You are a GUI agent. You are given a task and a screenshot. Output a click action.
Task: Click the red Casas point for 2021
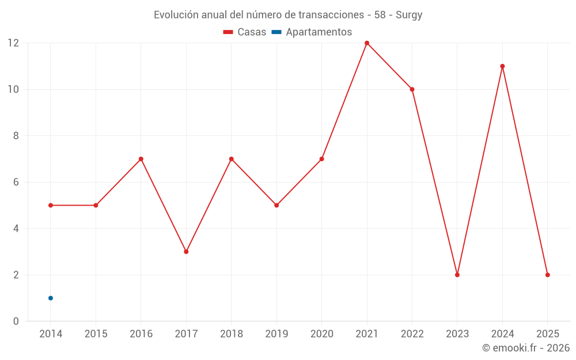[x=367, y=43]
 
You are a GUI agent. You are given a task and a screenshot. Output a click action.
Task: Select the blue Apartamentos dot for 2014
[x=51, y=298]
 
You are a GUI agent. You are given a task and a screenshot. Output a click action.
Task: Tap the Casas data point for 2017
[x=186, y=252]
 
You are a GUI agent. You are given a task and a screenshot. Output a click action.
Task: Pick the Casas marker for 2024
[x=502, y=66]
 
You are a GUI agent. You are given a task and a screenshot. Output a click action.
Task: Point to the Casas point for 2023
[x=457, y=275]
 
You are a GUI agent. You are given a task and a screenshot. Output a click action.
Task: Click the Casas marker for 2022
[x=412, y=89]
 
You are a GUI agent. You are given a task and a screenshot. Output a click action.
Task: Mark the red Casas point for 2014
[x=51, y=205]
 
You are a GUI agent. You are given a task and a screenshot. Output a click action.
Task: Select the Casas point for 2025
[x=547, y=275]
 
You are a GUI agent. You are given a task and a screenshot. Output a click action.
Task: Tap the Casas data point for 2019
[x=276, y=205]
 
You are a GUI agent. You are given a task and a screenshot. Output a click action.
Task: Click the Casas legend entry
[x=245, y=32]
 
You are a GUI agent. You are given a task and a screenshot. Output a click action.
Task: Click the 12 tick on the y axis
[x=13, y=43]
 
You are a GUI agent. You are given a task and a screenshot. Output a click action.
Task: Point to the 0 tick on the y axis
[x=16, y=321]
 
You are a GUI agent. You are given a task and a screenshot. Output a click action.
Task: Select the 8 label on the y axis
[x=16, y=136]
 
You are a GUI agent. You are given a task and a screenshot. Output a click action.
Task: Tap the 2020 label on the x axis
[x=321, y=334]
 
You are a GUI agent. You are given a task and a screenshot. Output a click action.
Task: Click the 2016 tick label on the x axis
[x=141, y=334]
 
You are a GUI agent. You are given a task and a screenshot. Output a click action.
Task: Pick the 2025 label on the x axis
[x=547, y=334]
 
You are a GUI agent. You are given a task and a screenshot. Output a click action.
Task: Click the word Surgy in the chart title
[x=408, y=15]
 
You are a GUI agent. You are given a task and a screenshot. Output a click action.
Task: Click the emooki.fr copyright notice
[x=526, y=348]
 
